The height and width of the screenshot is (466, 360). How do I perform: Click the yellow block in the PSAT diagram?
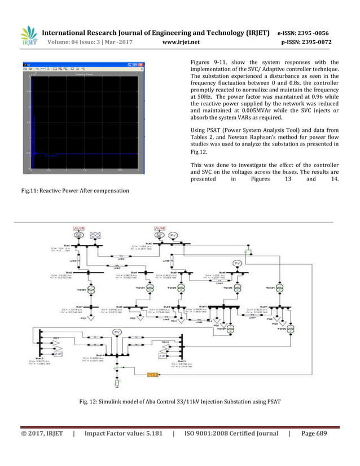point(152,375)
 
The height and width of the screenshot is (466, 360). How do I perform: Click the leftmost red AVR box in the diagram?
point(77,229)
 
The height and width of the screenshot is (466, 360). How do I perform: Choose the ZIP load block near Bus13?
point(163,356)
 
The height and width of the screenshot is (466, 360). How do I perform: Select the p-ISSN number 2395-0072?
point(313,42)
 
